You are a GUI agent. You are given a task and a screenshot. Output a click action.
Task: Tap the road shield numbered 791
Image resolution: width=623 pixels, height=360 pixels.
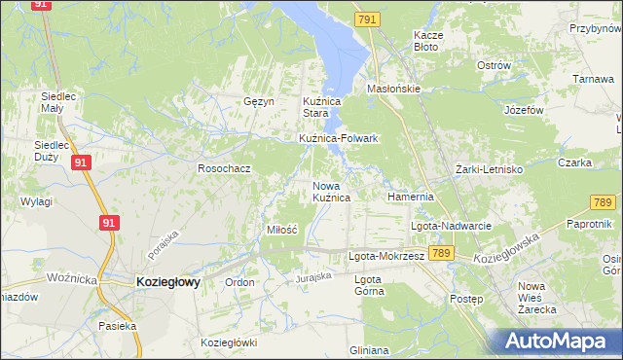(x=366, y=19)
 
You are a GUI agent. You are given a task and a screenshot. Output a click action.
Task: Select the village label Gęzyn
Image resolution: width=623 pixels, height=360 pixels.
(x=259, y=101)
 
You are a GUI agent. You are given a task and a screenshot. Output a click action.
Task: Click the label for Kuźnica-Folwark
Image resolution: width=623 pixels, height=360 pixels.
(x=338, y=138)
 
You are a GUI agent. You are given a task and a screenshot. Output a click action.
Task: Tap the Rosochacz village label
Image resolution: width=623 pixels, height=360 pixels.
(x=225, y=168)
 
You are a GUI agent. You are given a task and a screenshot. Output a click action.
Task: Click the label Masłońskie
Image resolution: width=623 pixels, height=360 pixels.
(x=392, y=88)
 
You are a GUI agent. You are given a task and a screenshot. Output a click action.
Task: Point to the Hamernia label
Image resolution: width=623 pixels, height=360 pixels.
(x=409, y=196)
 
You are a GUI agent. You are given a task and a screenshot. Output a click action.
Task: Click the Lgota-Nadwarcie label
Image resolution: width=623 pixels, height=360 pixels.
(x=451, y=226)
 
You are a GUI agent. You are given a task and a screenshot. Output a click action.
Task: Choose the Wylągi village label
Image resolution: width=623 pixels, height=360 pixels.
(x=35, y=201)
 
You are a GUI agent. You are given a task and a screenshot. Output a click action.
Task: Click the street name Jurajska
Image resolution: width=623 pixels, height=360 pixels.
(x=314, y=276)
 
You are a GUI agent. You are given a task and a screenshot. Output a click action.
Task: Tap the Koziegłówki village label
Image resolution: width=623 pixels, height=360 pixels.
(x=228, y=342)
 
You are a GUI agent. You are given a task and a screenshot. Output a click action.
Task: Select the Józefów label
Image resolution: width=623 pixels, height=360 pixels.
(x=523, y=110)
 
